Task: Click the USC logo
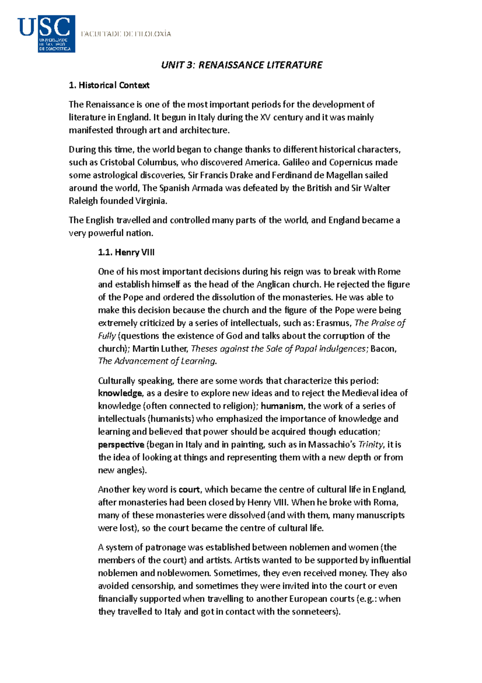tap(47, 34)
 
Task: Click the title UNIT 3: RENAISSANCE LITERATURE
tap(241, 65)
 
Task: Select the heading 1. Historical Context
tap(109, 85)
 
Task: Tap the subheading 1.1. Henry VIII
tap(126, 253)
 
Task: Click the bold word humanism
tap(282, 406)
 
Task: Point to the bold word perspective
tap(121, 445)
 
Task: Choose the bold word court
tap(189, 490)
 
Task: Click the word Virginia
tap(150, 201)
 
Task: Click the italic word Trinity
tap(370, 445)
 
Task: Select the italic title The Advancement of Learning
tap(157, 361)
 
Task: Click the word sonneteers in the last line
tap(314, 612)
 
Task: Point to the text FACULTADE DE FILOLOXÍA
tap(126, 34)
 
